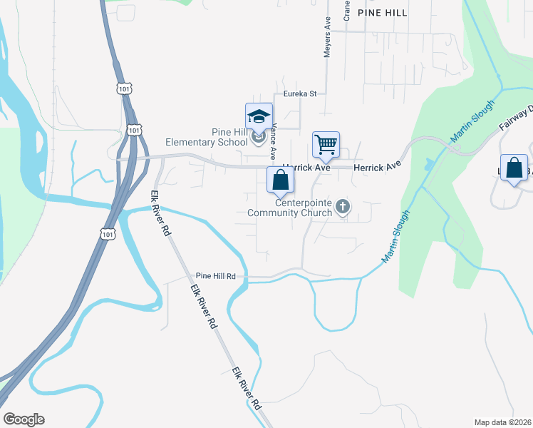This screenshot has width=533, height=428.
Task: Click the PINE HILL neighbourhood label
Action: click(x=383, y=13)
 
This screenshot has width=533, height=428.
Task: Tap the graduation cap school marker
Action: click(x=259, y=118)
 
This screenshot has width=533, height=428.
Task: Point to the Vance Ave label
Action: click(x=272, y=141)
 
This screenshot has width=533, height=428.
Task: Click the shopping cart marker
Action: click(x=326, y=146)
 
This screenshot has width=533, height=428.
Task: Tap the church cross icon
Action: click(x=343, y=208)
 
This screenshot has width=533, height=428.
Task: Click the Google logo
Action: click(x=24, y=419)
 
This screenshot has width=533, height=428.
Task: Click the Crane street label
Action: click(x=346, y=10)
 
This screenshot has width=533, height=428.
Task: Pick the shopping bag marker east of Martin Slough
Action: click(x=514, y=169)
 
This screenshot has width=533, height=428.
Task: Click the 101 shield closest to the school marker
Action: click(x=134, y=129)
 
